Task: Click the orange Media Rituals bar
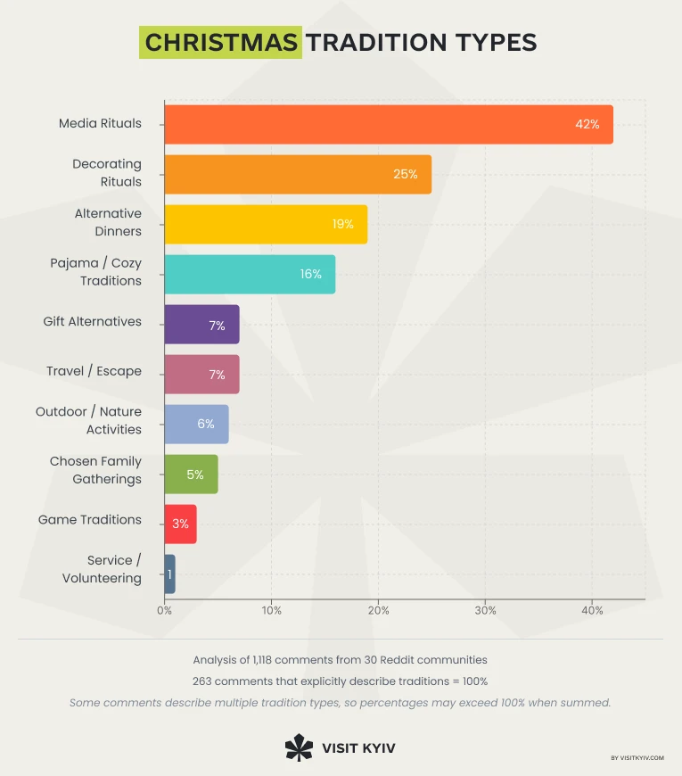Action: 389,124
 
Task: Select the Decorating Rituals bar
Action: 298,174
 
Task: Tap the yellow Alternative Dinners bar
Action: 266,224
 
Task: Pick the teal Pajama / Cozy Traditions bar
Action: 250,274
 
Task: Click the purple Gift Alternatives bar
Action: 201,325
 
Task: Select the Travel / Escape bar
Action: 201,375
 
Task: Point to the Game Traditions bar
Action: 180,524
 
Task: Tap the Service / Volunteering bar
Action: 169,574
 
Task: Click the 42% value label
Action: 588,124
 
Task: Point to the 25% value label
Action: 406,174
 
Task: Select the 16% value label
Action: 311,274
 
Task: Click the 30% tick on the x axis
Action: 485,611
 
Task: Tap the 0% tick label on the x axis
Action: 165,611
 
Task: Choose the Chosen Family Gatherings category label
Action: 95,470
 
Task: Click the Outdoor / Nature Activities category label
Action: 88,420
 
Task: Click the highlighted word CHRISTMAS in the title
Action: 220,43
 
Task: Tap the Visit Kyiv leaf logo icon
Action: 299,747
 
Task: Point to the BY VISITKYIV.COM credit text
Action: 637,758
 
